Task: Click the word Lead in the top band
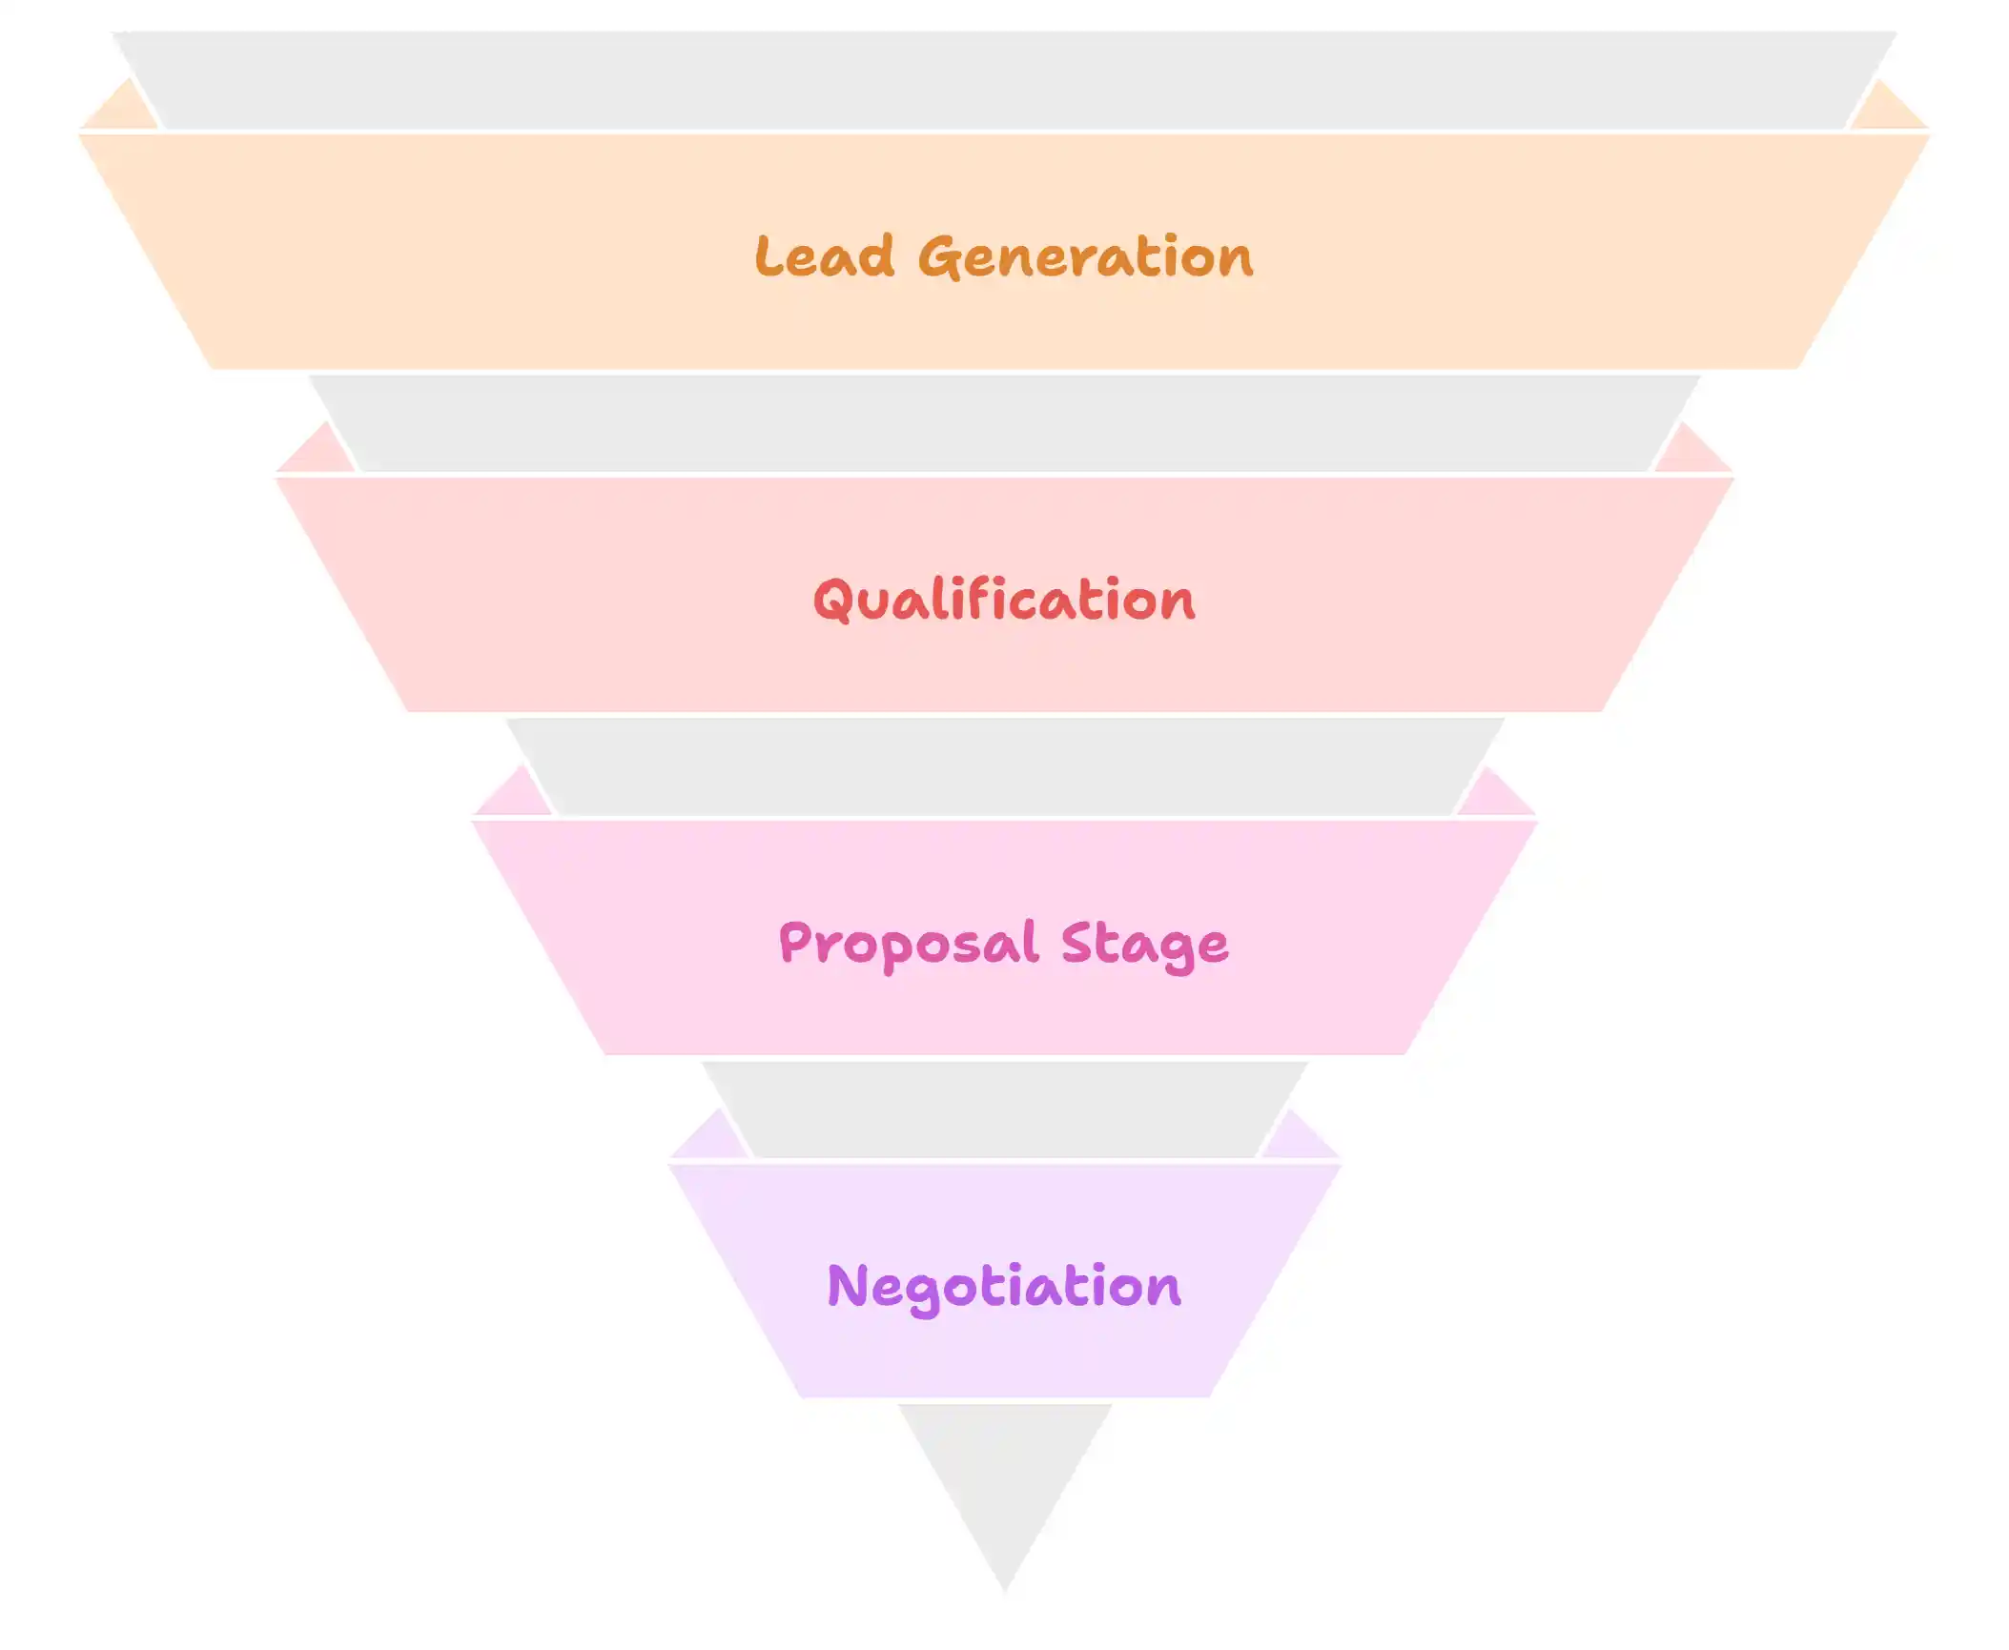[x=824, y=256]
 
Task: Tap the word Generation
[x=1085, y=256]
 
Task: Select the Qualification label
[x=1003, y=600]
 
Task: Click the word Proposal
[x=907, y=944]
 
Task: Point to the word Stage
[x=1144, y=945]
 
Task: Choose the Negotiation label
[x=1004, y=1286]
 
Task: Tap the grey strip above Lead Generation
[x=1004, y=80]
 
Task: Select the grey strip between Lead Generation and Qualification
[x=1004, y=423]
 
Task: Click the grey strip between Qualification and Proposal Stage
[x=1004, y=766]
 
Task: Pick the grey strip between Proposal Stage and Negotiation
[x=1004, y=1110]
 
